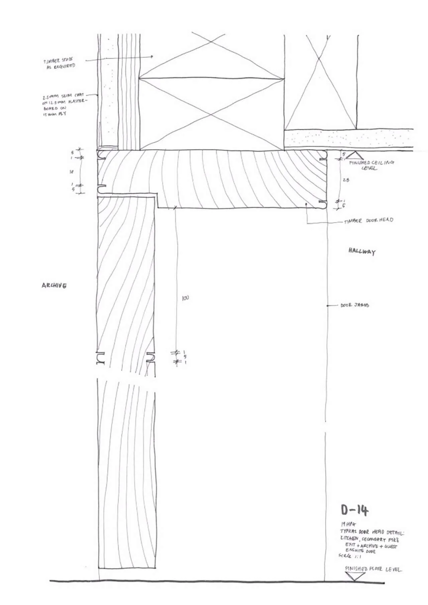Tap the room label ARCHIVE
pos(54,285)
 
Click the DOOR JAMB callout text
pos(355,305)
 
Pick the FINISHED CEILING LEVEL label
pos(371,165)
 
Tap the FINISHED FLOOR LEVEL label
pos(373,569)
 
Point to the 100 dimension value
pos(185,298)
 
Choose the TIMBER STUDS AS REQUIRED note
pos(59,63)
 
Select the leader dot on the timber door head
pos(306,204)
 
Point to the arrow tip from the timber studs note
pos(152,57)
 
